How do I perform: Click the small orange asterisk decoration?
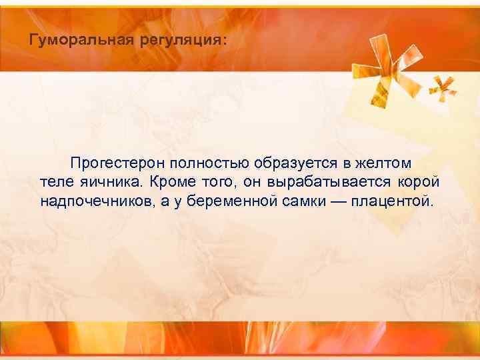pos(441,86)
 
